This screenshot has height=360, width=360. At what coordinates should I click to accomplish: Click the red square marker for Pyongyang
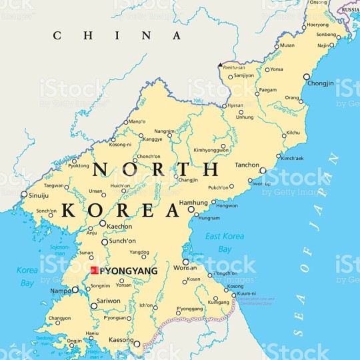pyautogui.click(x=95, y=271)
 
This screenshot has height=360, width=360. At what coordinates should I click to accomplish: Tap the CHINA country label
pyautogui.click(x=117, y=35)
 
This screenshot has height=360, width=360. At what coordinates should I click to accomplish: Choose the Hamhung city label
pyautogui.click(x=176, y=202)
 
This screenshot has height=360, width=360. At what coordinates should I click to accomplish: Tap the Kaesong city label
pyautogui.click(x=121, y=340)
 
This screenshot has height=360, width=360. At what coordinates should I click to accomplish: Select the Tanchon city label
pyautogui.click(x=247, y=165)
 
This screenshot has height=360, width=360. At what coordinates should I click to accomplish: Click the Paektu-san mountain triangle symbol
pyautogui.click(x=221, y=65)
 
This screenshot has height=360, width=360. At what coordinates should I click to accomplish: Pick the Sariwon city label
pyautogui.click(x=109, y=301)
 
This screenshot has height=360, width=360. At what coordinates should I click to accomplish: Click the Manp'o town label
pyautogui.click(x=137, y=122)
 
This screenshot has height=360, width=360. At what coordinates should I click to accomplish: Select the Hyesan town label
pyautogui.click(x=235, y=105)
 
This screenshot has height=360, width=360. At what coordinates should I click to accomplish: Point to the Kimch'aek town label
pyautogui.click(x=291, y=158)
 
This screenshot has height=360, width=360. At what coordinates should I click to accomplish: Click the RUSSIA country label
pyautogui.click(x=348, y=10)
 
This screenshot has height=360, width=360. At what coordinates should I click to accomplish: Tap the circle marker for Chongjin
pyautogui.click(x=307, y=77)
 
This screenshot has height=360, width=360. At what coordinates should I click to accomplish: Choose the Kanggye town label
pyautogui.click(x=153, y=139)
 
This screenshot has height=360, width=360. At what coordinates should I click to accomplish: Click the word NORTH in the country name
pyautogui.click(x=155, y=170)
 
